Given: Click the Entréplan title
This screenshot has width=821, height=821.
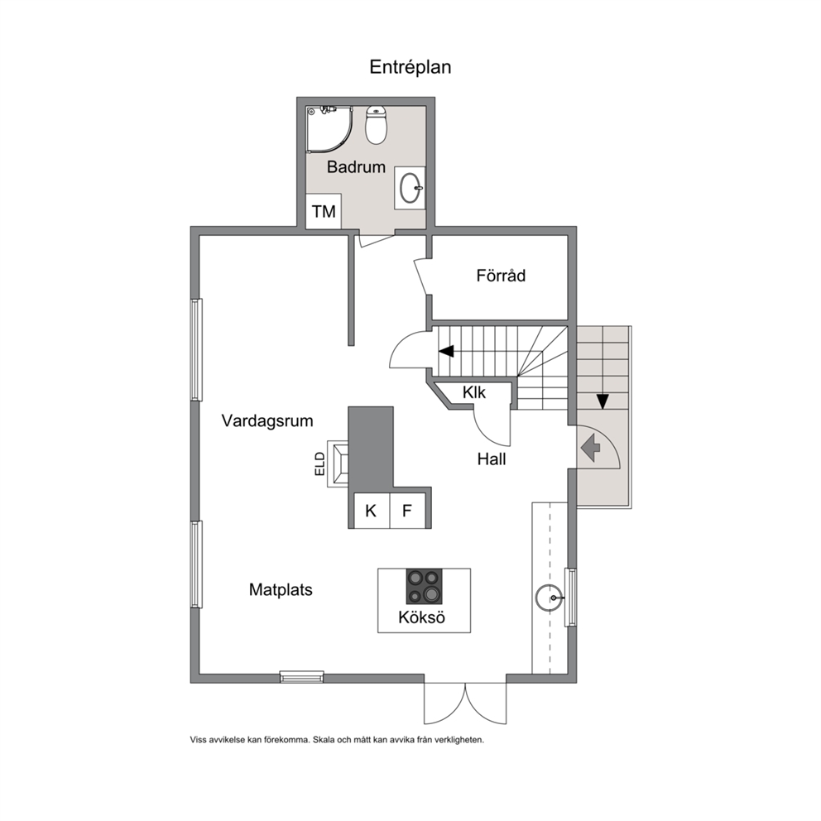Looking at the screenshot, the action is coord(410,67).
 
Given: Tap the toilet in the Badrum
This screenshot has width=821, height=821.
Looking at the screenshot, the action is coord(376,125).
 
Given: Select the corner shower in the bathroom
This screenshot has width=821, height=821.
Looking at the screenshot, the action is coord(329,129).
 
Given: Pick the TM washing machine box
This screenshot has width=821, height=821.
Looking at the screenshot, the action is coord(324,211).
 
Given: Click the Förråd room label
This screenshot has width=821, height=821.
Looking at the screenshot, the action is coord(501,276).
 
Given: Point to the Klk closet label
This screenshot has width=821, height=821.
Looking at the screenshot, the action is coord(474,392).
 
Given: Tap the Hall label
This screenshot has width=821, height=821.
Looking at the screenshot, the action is coord(491,459).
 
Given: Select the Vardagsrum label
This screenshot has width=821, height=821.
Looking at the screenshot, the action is coord(267,421).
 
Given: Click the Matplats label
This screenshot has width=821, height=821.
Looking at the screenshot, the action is coord(281,589).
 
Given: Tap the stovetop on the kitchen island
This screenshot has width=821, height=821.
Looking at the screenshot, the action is coord(424,587).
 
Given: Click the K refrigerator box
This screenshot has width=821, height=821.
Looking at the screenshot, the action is coord(372,511).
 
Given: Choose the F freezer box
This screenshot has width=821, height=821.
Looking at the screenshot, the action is coord(407,511).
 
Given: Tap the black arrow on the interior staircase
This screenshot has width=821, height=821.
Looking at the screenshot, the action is coord(447,352).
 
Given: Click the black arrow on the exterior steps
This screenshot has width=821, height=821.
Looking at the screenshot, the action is coord(603,401).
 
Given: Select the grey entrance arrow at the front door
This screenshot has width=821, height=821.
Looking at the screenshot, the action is coord(591,449).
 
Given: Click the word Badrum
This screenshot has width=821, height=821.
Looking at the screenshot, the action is coord(356,167).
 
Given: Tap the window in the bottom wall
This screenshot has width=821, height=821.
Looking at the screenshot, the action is coord(301,676).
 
